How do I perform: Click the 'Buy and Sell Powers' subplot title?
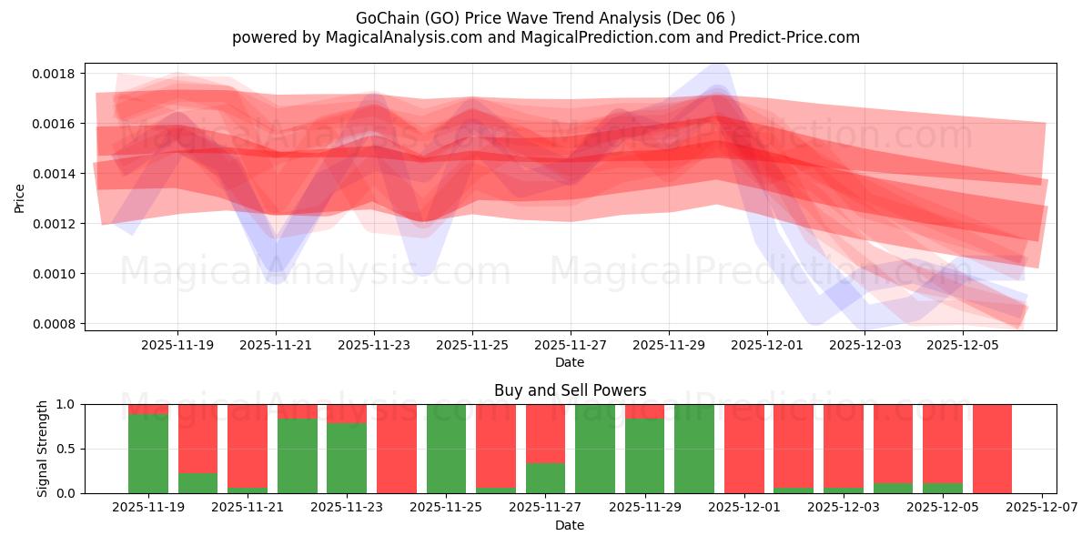[570, 390]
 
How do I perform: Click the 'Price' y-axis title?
[19, 197]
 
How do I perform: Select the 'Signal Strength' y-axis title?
[42, 449]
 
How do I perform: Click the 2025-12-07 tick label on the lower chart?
[1040, 508]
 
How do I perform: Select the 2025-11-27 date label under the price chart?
[570, 346]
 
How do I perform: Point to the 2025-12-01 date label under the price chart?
[766, 346]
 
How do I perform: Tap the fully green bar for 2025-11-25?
[446, 449]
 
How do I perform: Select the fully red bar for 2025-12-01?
[743, 449]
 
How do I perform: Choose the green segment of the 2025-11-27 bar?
[545, 478]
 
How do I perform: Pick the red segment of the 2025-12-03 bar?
[843, 444]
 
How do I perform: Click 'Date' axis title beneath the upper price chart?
[570, 362]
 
